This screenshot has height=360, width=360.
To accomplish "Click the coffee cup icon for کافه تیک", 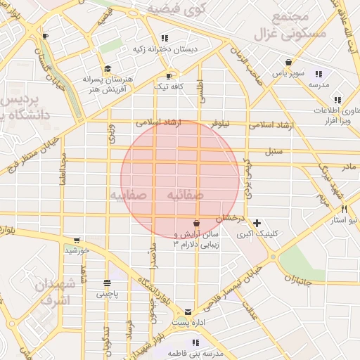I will [x=169, y=76].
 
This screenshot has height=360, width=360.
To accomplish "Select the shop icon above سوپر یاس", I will [x=288, y=63].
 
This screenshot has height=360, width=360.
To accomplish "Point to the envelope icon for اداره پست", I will [x=188, y=311].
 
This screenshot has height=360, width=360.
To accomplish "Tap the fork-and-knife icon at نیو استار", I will [x=344, y=209].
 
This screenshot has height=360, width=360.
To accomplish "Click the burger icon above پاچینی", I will [x=107, y=283].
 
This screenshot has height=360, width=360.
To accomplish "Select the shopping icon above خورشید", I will [x=77, y=240].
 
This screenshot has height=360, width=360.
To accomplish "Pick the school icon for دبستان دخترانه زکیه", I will [x=165, y=39].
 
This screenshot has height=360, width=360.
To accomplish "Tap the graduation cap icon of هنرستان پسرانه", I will [x=108, y=68].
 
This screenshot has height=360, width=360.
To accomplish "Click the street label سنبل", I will [x=273, y=151].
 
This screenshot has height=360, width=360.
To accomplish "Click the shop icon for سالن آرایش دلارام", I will [x=195, y=224].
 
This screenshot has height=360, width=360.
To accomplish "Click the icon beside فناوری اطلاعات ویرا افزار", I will [x=338, y=100].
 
